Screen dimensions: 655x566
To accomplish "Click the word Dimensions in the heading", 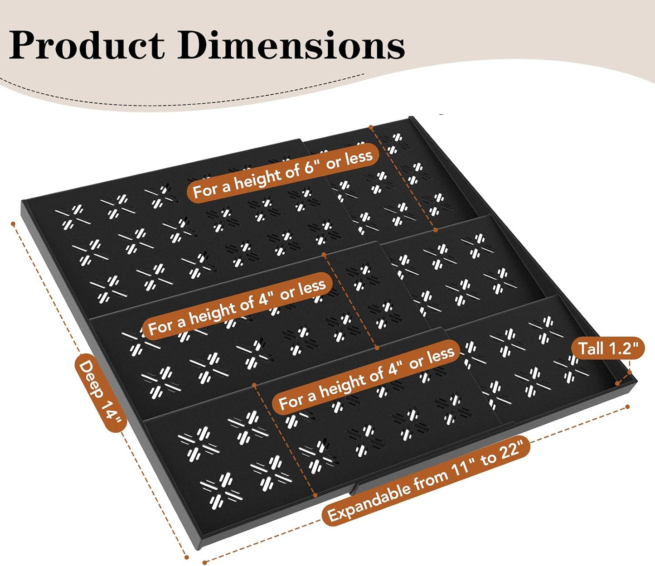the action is (291, 45).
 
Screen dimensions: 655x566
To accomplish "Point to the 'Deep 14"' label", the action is (101, 393).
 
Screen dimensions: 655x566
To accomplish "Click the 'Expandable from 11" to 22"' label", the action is (426, 481).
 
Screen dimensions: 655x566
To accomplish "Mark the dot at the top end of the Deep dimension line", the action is (13, 224).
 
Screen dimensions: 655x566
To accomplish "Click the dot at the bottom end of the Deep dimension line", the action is (187, 557).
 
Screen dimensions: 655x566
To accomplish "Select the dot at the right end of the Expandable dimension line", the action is (627, 406).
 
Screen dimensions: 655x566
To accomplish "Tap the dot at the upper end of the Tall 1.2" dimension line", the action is (629, 372).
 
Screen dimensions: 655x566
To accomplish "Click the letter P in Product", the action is (23, 45).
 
